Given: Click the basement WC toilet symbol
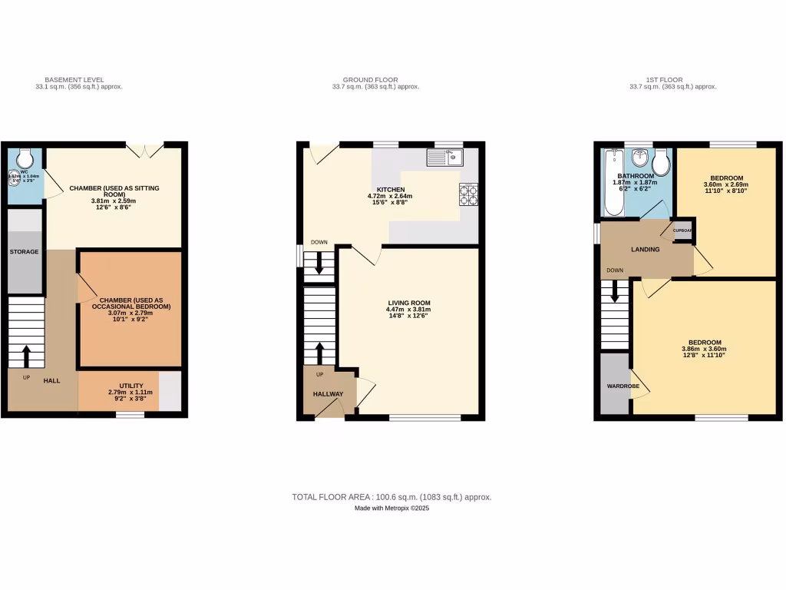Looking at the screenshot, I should tap(25, 157).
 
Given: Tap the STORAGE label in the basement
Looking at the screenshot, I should tap(24, 252).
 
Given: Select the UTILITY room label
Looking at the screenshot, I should tap(130, 386).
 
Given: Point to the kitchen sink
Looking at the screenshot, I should tap(444, 159).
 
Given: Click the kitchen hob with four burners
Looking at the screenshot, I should tap(468, 195).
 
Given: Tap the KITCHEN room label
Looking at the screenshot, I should tap(390, 189).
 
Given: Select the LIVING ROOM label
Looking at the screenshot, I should tap(409, 303).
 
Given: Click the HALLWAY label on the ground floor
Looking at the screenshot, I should tap(328, 394).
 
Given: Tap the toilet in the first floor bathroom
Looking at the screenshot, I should tap(662, 163).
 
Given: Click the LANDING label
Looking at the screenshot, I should tap(646, 250).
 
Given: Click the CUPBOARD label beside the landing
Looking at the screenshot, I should tap(683, 230).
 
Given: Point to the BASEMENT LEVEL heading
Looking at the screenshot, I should tap(74, 80).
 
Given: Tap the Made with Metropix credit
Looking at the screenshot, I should tap(391, 509).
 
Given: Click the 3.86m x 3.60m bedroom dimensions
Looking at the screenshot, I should tap(704, 350).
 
